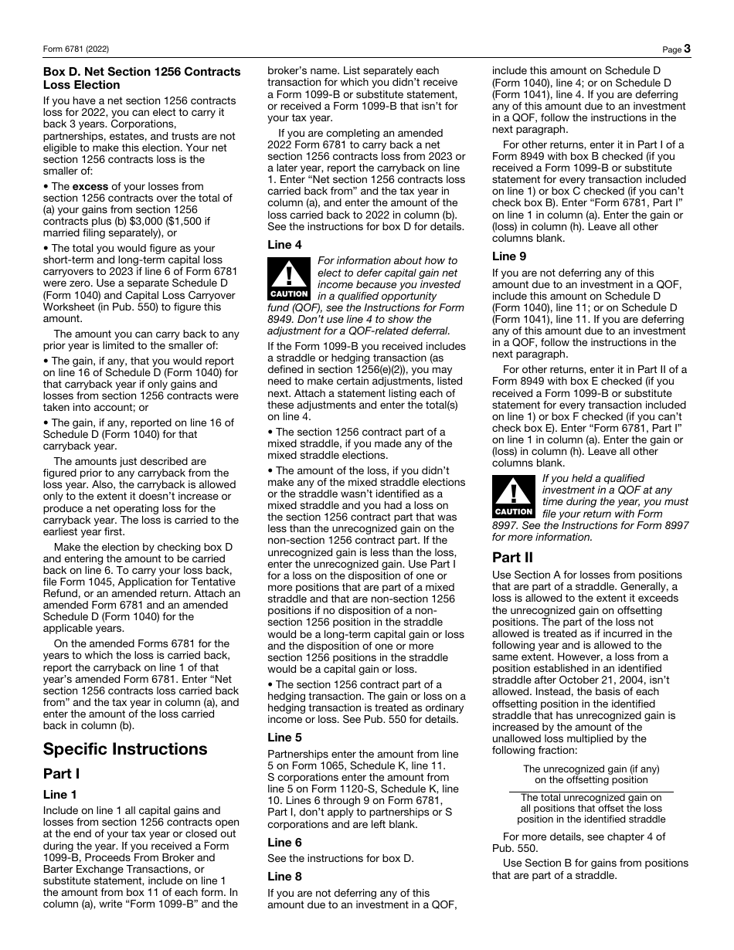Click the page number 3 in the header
coord(687,49)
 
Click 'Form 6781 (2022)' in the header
coord(76,49)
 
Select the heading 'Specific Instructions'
coord(125,748)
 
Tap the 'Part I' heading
coord(61,773)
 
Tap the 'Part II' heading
coord(512,557)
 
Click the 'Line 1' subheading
coord(60,794)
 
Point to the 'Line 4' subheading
coord(284,244)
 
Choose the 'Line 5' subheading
coord(284,737)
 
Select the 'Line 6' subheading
coord(284,842)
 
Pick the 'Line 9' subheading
coord(509,256)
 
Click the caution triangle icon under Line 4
coord(289,278)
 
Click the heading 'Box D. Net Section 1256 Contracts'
coord(141,72)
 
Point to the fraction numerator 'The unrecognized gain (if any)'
coord(591,768)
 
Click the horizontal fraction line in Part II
coord(591,791)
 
